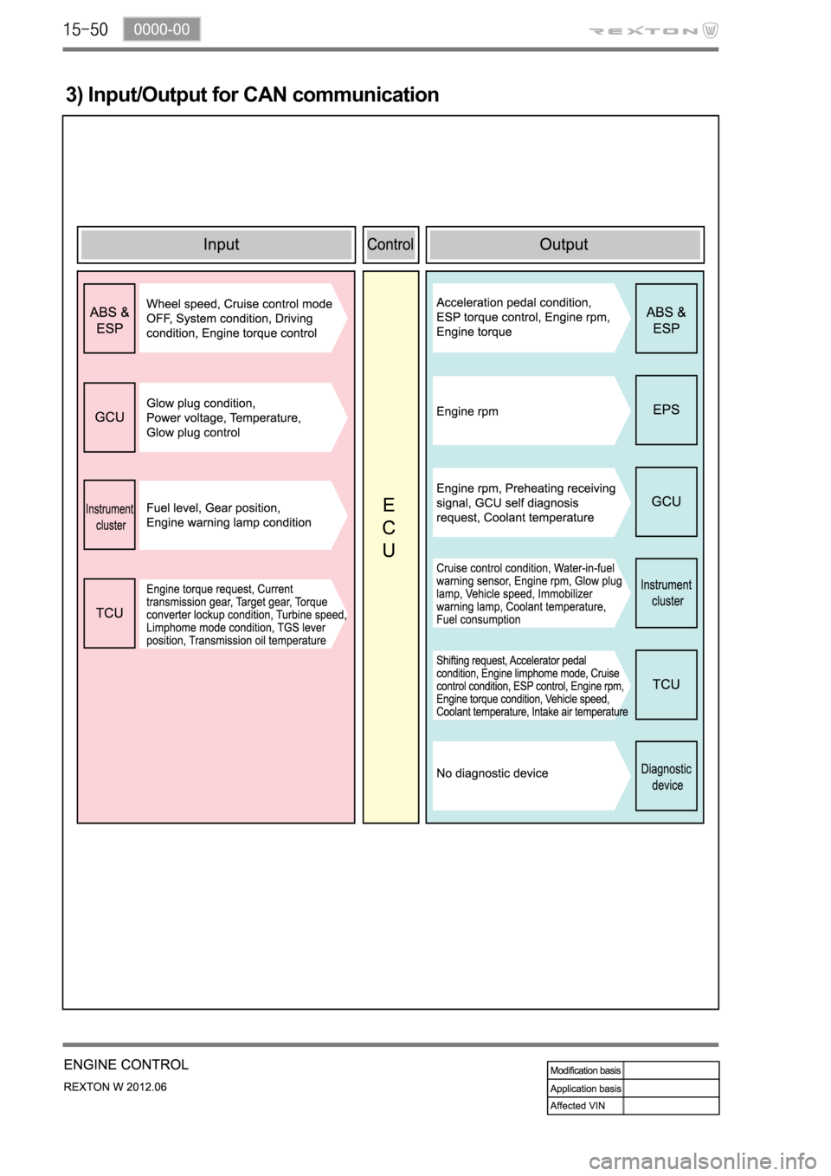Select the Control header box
390,244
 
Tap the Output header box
564,244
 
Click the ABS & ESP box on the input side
109,319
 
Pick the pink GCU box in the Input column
109,417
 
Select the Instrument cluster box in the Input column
109,515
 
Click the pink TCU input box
109,613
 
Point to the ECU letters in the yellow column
389,527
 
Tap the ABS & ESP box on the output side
666,319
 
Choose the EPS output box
666,410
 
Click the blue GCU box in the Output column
666,501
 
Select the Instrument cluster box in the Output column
666,593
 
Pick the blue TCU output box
666,684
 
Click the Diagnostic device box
666,777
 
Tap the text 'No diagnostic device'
492,773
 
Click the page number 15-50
85,30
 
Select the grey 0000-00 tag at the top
161,29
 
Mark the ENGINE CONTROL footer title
126,1064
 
